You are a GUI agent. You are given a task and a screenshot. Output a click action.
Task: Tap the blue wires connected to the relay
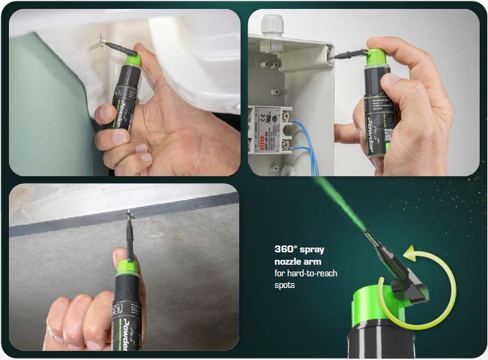click(305, 137)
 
